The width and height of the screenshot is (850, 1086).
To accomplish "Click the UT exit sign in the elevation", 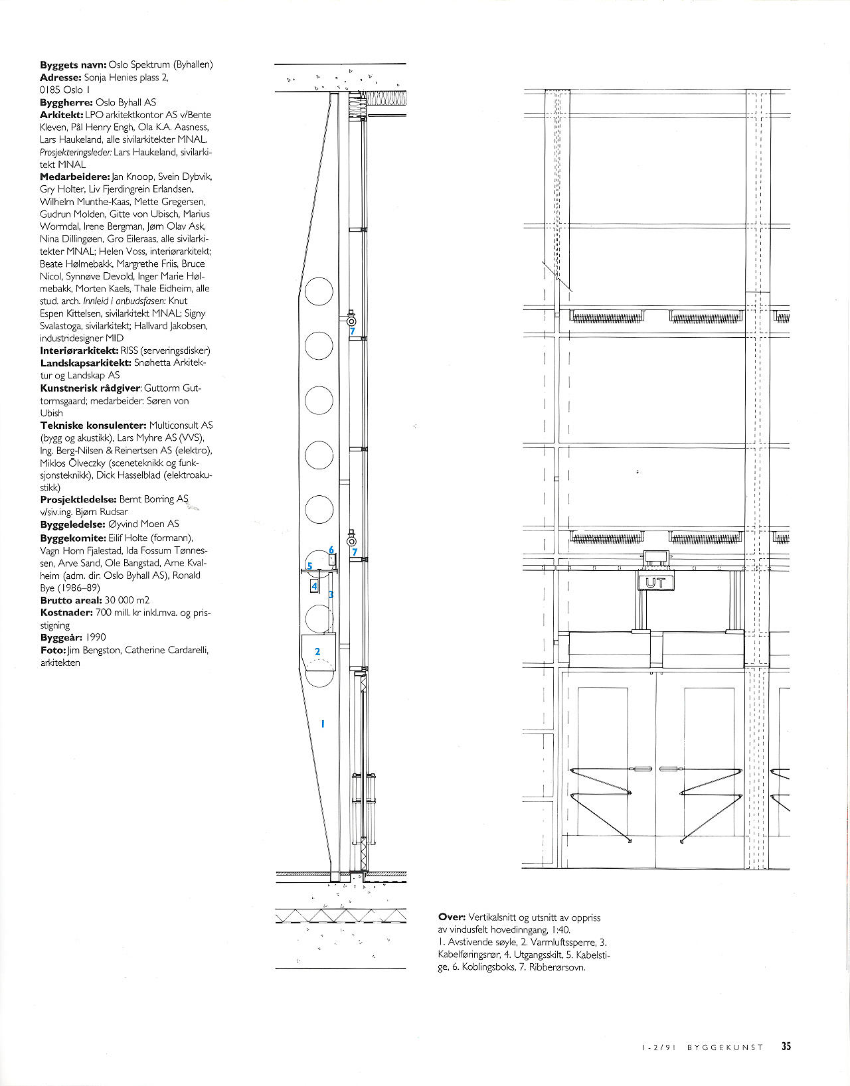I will tap(656, 583).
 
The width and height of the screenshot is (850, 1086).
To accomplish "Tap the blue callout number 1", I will tap(323, 724).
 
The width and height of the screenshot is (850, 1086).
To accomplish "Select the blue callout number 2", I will tap(317, 651).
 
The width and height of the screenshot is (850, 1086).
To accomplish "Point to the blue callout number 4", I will tap(315, 587).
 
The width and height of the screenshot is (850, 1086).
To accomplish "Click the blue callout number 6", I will tap(331, 550).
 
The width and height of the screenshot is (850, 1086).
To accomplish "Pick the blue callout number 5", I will tap(309, 566).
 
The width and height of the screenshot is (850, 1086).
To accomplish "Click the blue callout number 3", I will tap(331, 595).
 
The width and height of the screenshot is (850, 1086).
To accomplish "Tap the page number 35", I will tap(786, 1046).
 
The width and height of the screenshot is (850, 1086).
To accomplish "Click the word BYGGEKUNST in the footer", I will tap(725, 1047).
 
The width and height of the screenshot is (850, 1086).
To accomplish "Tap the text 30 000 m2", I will tap(127, 600).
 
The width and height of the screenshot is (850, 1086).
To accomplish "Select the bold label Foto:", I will tap(53, 650).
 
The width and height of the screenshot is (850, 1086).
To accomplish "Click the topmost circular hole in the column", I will tap(319, 291).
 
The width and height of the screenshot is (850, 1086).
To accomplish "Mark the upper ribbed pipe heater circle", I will tap(351, 321).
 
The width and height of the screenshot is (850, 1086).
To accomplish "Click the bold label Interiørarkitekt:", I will tap(79, 350).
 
